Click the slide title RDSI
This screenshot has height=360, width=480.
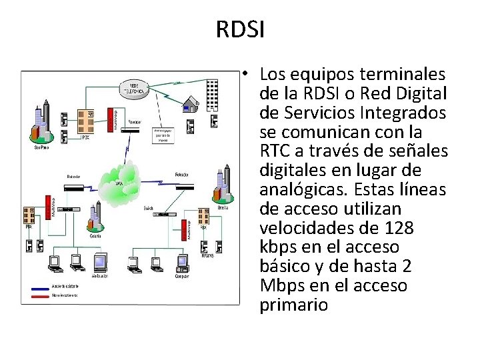[240, 29]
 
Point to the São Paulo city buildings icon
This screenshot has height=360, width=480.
[41, 127]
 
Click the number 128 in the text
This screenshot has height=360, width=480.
[399, 228]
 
